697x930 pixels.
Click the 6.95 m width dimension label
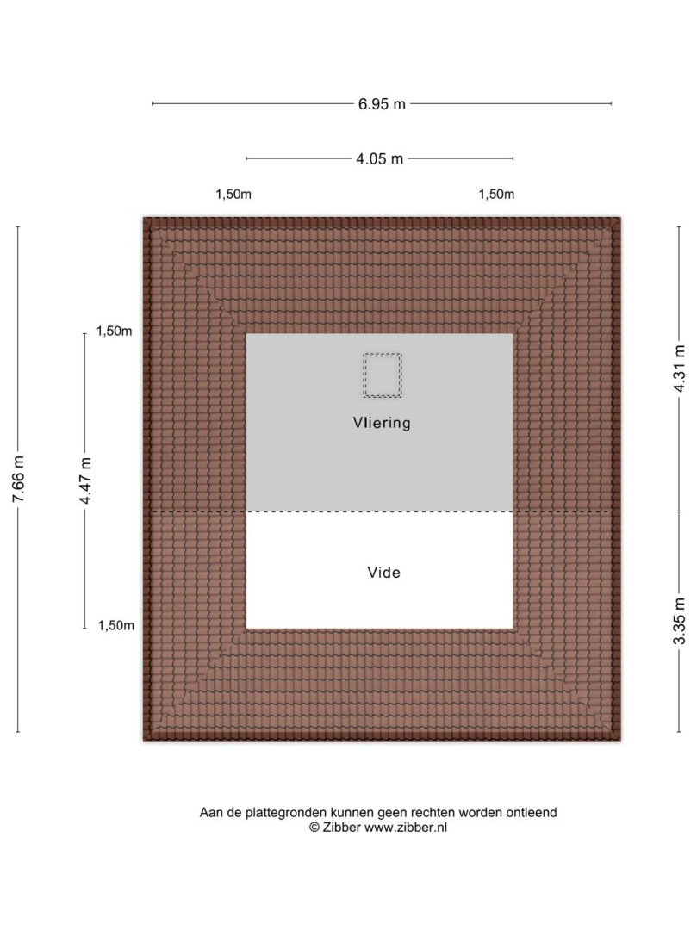point(382,104)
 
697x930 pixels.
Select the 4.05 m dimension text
point(380,159)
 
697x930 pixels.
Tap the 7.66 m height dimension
point(18,480)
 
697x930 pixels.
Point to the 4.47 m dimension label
point(85,481)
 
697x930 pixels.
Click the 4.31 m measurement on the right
point(680,369)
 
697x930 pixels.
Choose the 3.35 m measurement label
point(680,620)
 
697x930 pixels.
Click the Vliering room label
point(382,423)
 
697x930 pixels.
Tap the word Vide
point(383,573)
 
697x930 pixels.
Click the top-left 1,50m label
point(233,194)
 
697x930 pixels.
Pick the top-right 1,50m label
point(496,194)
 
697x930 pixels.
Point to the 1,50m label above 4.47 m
point(115,331)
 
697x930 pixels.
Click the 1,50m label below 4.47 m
point(116,625)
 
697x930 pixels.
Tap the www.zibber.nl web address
point(406,828)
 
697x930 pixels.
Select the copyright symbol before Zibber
point(314,828)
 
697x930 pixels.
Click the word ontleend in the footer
point(532,813)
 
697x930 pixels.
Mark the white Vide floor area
point(380,570)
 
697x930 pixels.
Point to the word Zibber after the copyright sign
point(342,828)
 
